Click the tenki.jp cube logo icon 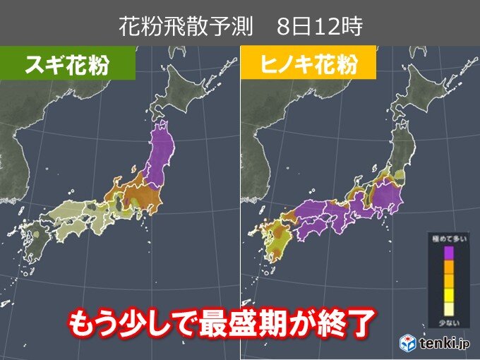pyautogui.click(x=409, y=344)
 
